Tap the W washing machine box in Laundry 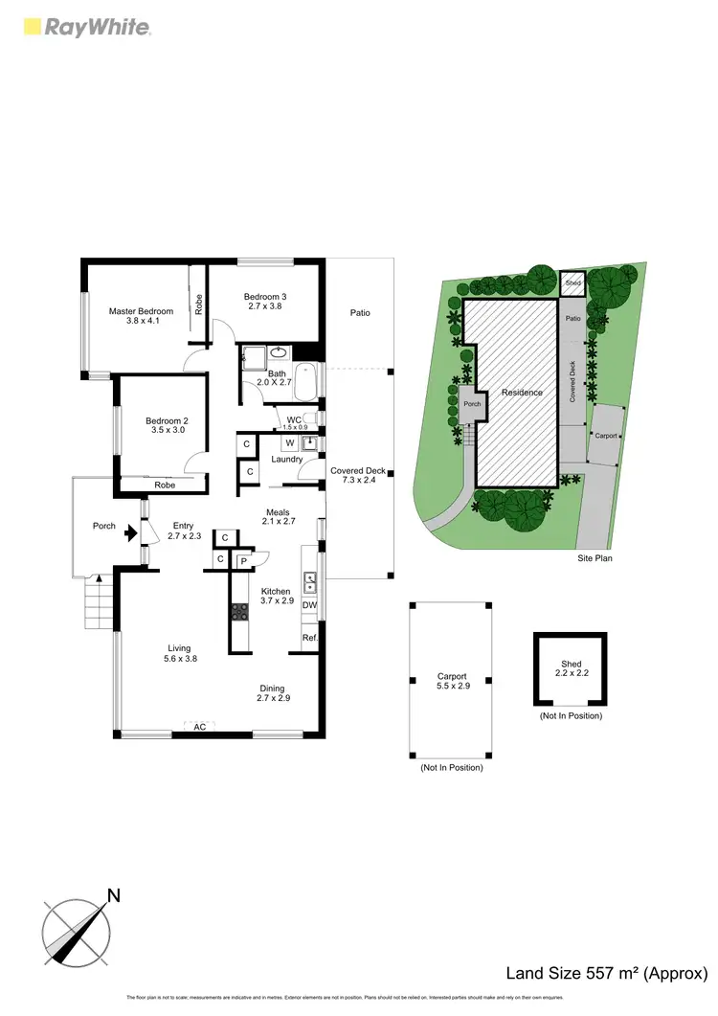288,442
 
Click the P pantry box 243,560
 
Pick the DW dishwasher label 309,605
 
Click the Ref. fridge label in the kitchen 309,638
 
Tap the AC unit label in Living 199,727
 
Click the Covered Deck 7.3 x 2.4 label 358,476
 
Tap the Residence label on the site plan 523,393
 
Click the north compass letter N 113,896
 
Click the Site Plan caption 594,557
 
